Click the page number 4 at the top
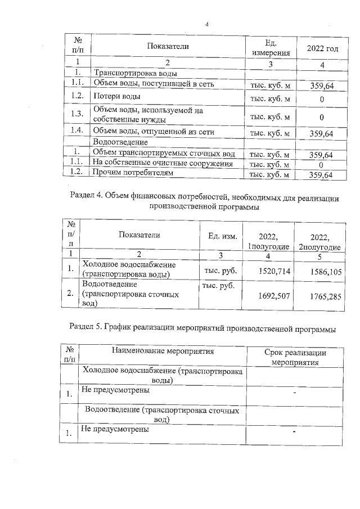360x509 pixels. pyautogui.click(x=207, y=24)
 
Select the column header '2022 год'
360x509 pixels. pyautogui.click(x=322, y=48)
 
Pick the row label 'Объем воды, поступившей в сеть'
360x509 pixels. pyautogui.click(x=153, y=84)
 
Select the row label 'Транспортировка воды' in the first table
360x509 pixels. pyautogui.click(x=135, y=74)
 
